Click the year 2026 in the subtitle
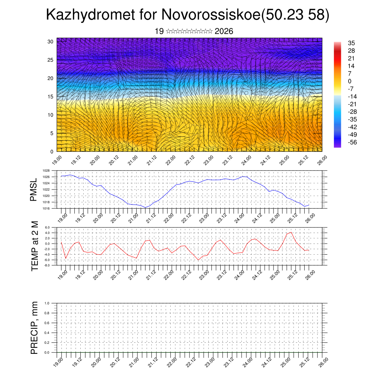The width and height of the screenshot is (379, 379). click(x=224, y=31)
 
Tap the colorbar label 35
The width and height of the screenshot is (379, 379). click(x=351, y=43)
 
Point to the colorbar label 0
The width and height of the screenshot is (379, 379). click(x=349, y=81)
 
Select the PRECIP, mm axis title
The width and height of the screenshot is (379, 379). click(x=34, y=327)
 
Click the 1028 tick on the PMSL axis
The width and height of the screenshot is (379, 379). click(x=46, y=171)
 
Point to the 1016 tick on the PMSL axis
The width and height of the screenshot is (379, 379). click(x=46, y=208)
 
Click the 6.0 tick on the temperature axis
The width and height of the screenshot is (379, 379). click(x=47, y=228)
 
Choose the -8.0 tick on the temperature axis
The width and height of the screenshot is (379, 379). click(x=47, y=265)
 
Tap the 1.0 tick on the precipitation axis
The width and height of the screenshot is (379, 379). click(x=47, y=303)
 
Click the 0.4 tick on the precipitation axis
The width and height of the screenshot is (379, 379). click(x=47, y=333)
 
